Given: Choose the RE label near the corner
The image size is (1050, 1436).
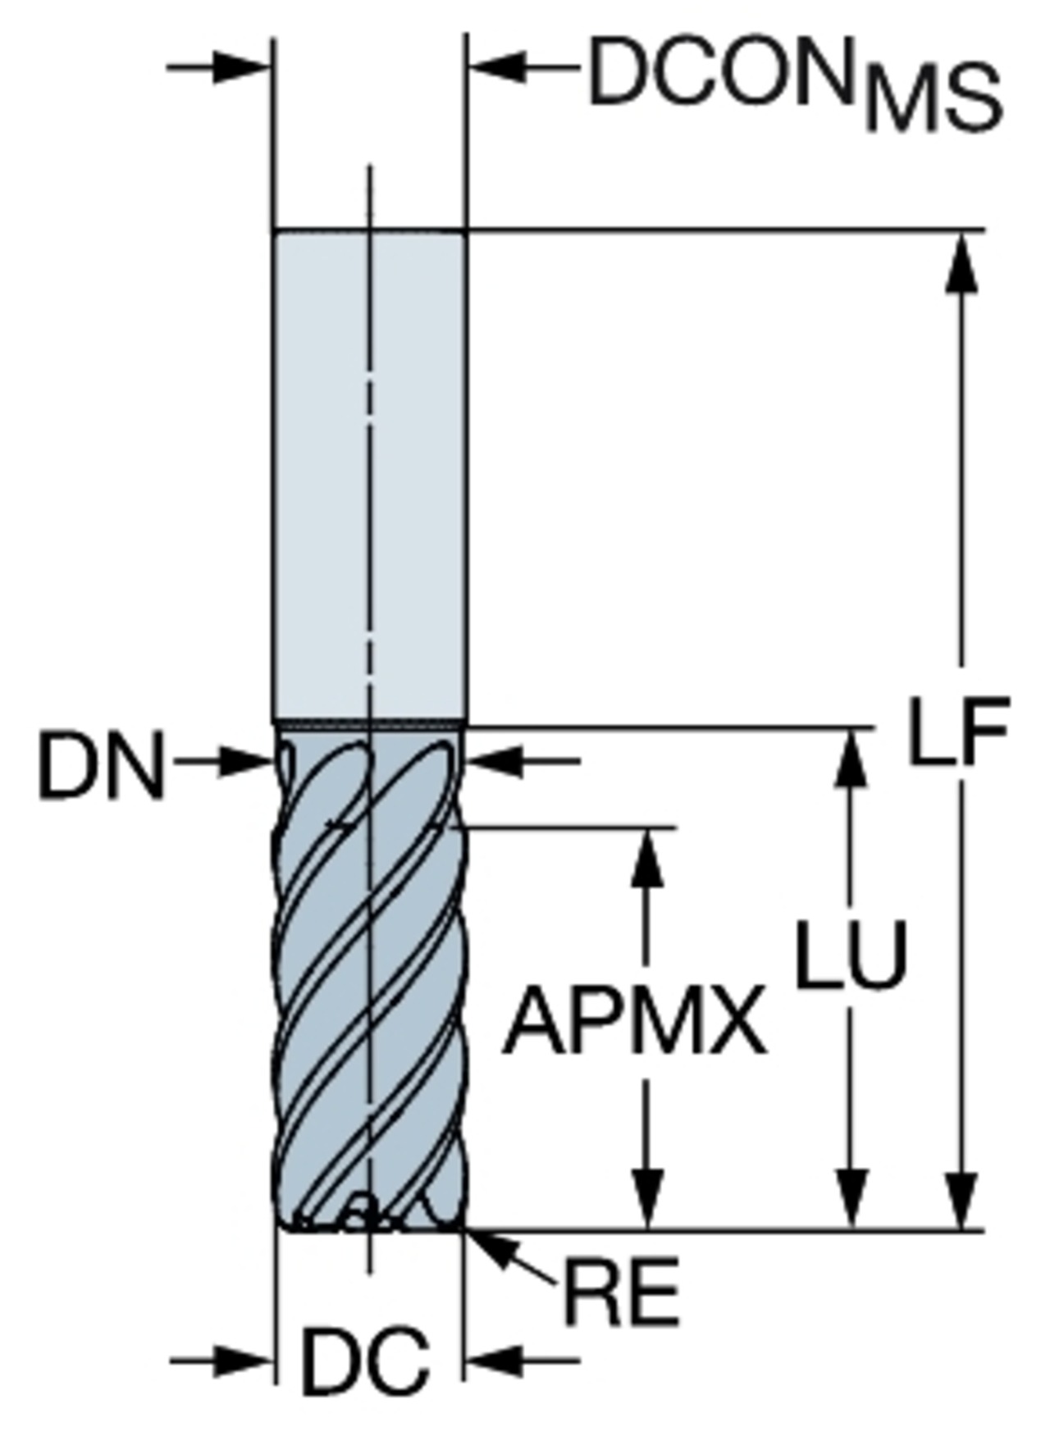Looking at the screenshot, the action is [621, 1291].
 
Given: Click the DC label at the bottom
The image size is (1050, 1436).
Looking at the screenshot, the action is [366, 1362].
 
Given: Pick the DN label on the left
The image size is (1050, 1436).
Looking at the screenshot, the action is [101, 767].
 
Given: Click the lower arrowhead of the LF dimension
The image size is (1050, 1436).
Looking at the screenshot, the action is [961, 1201].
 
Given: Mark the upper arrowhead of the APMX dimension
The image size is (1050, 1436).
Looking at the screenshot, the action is [649, 858].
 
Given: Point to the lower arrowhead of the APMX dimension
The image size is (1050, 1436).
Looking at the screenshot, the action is [649, 1201].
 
